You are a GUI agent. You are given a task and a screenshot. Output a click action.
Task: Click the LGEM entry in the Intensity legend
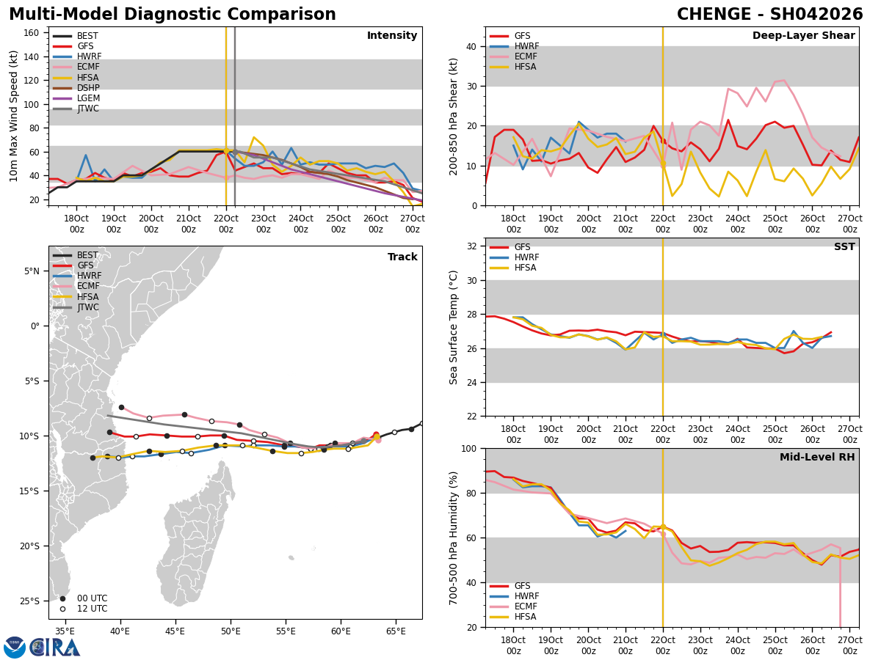88,98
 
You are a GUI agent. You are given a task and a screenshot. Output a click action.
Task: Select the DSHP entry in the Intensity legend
88,88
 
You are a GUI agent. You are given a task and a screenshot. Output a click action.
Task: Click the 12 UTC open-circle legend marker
62,609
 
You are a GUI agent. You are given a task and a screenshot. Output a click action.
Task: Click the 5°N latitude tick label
32,271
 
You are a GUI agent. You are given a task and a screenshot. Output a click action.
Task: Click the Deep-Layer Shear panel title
803,36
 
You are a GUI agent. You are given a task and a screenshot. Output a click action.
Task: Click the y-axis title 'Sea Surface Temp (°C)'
454,327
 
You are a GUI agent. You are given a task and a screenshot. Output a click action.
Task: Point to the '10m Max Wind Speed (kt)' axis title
13,115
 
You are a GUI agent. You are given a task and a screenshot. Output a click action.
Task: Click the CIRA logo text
55,647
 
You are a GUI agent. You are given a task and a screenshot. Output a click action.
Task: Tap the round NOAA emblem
15,647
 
